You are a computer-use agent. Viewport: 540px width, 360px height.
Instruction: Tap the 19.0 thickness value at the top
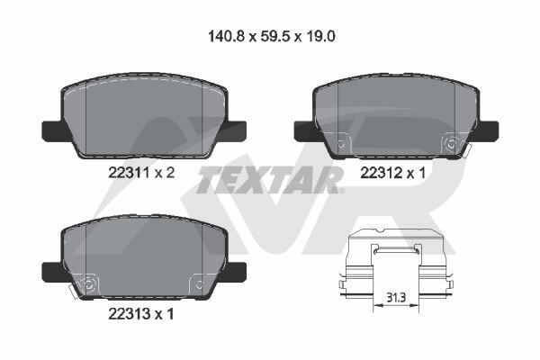319,36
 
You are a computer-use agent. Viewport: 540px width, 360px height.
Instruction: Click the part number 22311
129,173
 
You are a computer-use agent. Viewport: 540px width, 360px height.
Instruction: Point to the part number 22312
381,173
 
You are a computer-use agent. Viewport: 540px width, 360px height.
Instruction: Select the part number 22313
129,313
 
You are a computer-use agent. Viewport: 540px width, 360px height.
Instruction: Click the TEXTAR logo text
269,180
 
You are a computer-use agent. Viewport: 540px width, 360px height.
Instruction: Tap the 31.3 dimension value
396,297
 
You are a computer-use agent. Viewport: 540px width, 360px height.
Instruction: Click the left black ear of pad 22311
52,131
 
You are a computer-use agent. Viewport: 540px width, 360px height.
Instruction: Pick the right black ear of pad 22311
235,131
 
